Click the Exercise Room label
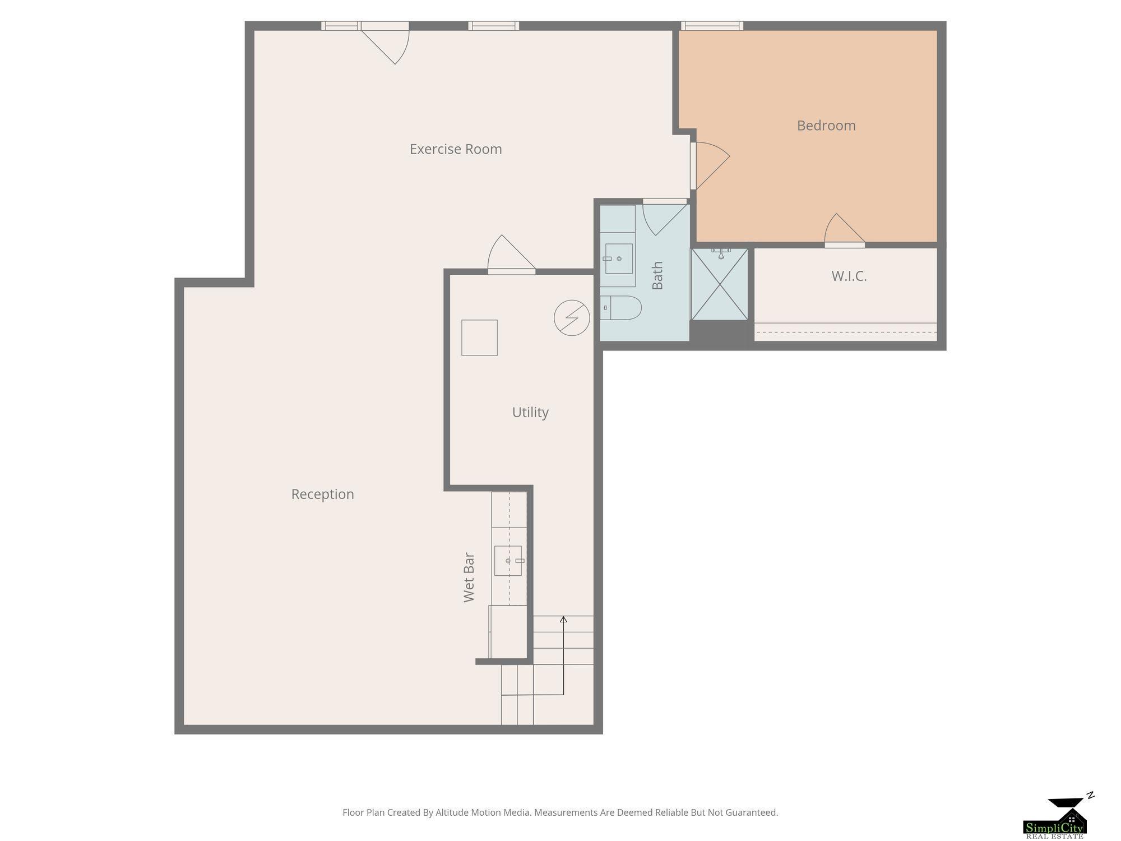(456, 149)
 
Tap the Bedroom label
(826, 126)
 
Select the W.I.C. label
(849, 276)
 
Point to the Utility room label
(530, 413)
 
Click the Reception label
(322, 495)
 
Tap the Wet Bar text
(469, 578)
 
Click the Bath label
(657, 275)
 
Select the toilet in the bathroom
(620, 308)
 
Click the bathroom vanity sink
(619, 258)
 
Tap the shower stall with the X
(720, 284)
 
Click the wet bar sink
(508, 561)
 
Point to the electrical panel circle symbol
(572, 318)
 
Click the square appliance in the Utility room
(479, 338)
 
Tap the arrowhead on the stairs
(563, 619)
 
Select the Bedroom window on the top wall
(712, 26)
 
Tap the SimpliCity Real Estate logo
(1055, 818)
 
